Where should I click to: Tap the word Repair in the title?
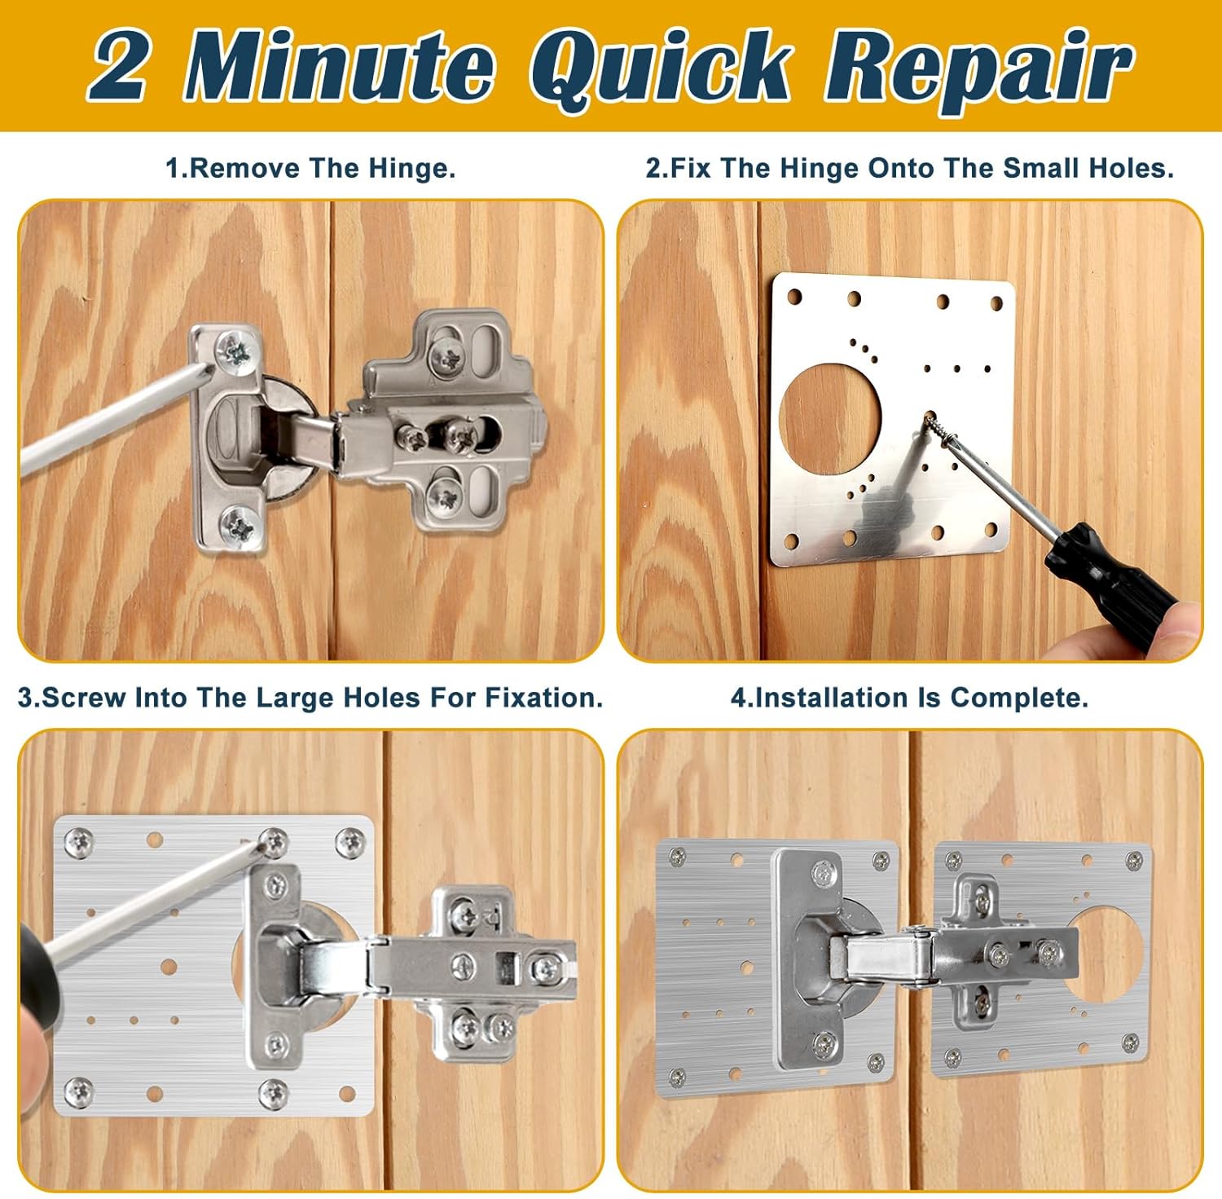[x=978, y=68]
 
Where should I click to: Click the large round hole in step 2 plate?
[x=830, y=412]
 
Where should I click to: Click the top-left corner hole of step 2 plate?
[x=794, y=297]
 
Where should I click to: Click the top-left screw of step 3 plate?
[x=78, y=839]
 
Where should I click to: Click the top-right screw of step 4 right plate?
[x=1133, y=859]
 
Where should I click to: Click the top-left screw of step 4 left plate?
[x=676, y=855]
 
